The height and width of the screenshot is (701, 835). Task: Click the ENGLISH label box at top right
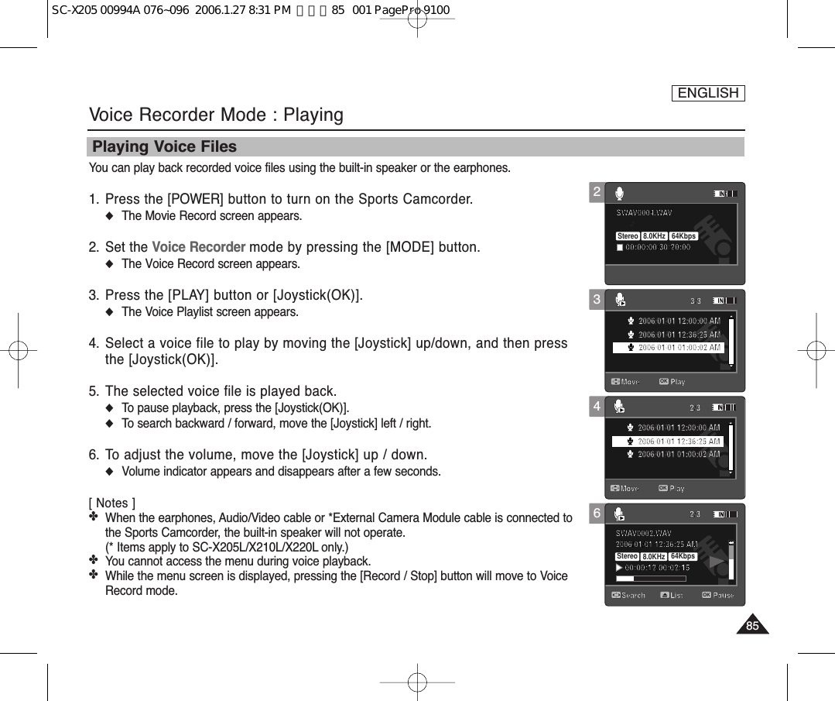[x=707, y=94]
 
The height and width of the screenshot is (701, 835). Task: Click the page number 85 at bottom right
[x=752, y=626]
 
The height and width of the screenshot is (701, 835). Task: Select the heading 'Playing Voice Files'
[x=165, y=147]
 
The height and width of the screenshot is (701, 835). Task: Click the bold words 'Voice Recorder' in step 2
[x=199, y=248]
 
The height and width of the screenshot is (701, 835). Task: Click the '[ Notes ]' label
[x=112, y=503]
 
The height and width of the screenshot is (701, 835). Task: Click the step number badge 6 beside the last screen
[x=597, y=513]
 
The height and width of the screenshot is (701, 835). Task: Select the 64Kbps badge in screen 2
[x=683, y=236]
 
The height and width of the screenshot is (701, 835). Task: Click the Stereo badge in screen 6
[x=628, y=556]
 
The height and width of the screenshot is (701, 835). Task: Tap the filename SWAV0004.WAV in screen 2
[x=644, y=212]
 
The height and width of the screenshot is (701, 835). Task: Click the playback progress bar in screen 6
[x=650, y=578]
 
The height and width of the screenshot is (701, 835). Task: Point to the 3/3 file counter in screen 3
[x=696, y=301]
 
